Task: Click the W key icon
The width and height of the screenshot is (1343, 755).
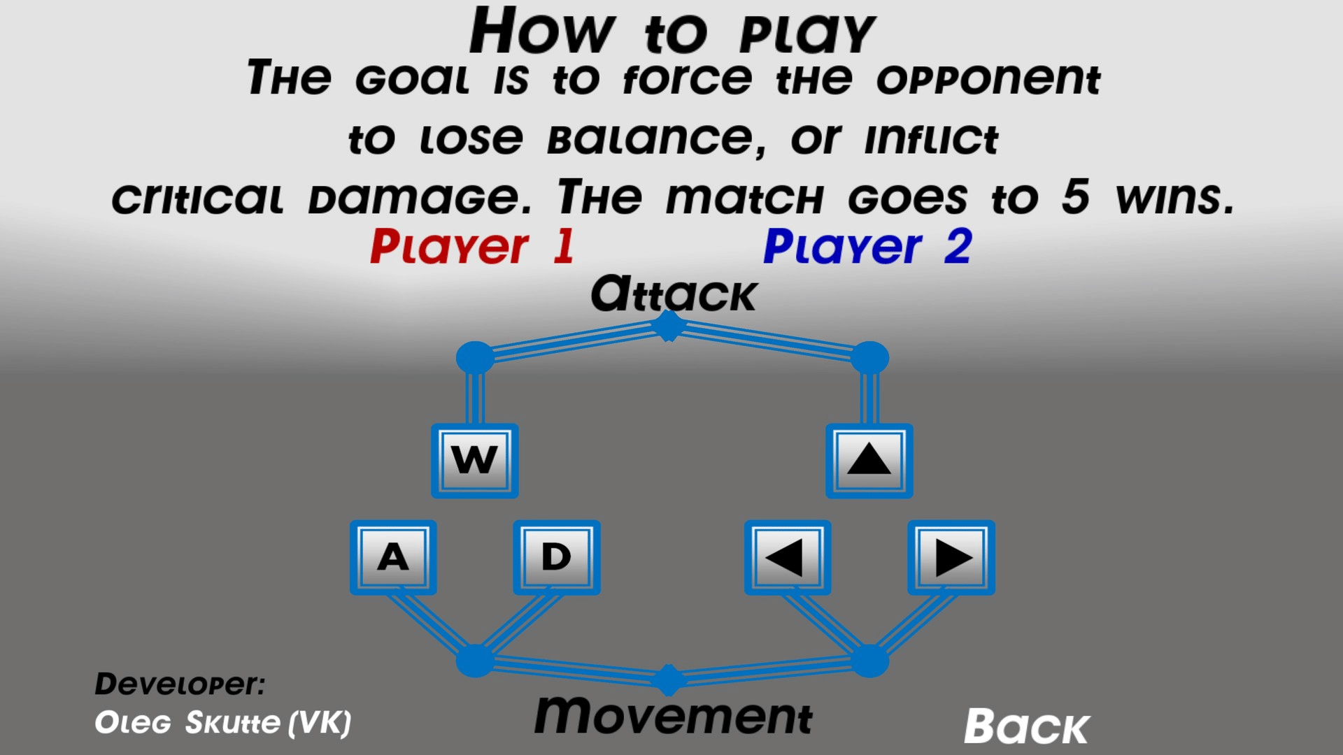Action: coord(474,461)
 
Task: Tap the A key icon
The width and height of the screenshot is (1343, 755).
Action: coord(393,557)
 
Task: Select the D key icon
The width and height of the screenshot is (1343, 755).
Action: coord(557,557)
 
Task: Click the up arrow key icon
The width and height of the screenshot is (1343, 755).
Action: coord(869,461)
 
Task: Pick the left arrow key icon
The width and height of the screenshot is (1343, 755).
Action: coord(788,557)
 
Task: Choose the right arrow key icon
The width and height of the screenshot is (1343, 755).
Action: coord(951,557)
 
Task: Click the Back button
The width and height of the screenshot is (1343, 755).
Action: coord(1026,727)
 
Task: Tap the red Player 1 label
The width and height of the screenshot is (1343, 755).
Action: coord(472,247)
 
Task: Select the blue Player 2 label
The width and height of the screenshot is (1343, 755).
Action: coord(867,247)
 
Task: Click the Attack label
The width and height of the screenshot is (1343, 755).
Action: coord(673,294)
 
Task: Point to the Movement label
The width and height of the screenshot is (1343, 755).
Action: coord(673,716)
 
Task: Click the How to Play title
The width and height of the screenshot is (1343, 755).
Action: coord(672,31)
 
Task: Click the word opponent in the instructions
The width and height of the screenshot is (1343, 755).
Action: coord(988,79)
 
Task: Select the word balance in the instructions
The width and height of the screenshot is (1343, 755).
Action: coord(656,139)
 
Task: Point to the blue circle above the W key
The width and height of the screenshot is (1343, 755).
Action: coord(475,357)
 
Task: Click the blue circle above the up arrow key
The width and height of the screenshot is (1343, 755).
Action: coord(869,357)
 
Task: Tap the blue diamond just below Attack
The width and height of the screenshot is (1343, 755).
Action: coord(669,326)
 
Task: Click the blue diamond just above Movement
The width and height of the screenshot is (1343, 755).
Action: coord(669,679)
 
